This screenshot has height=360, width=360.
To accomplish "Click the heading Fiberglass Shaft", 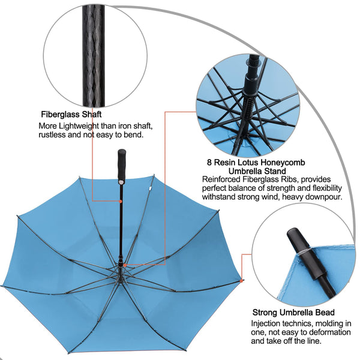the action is (x=71, y=114).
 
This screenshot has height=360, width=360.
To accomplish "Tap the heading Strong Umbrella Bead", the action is (x=293, y=312).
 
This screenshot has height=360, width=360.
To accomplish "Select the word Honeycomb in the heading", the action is (x=286, y=163).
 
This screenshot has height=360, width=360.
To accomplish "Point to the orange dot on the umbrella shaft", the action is (x=121, y=202).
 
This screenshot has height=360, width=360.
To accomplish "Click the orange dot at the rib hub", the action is (x=125, y=265).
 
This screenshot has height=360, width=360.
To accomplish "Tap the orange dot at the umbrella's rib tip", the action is (x=241, y=281).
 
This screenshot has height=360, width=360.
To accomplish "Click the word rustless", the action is (x=52, y=134).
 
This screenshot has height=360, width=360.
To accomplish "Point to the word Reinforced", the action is (x=221, y=179).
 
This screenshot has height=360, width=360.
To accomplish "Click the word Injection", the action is (x=265, y=323).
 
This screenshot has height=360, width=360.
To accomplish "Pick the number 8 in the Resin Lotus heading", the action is (x=209, y=163).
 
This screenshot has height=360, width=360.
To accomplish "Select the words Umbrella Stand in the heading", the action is (x=257, y=171).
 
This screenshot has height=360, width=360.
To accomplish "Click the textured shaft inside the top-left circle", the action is (x=94, y=56).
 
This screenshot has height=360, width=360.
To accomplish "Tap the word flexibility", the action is (x=327, y=188).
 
